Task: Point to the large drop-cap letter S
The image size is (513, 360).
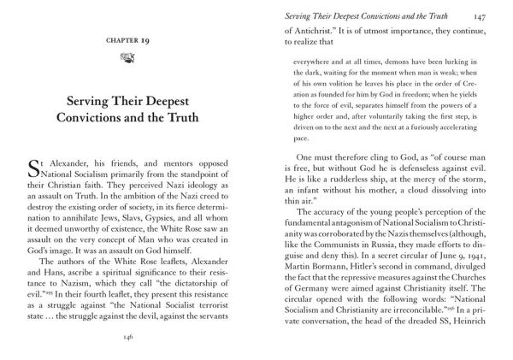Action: pyautogui.click(x=31, y=164)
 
